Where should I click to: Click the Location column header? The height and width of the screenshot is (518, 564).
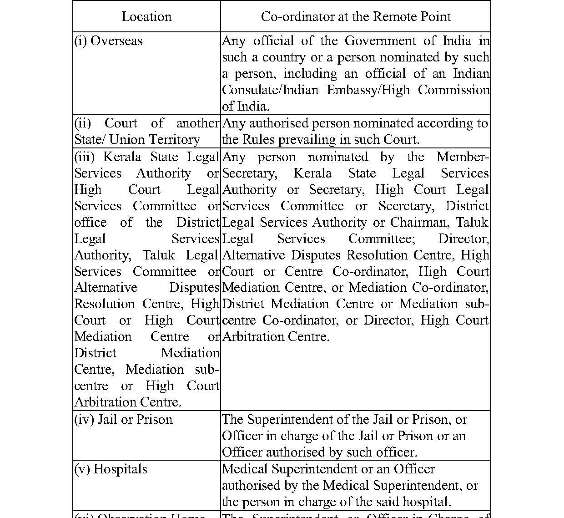[x=146, y=17]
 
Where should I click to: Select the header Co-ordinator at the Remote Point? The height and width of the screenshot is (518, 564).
[x=356, y=17]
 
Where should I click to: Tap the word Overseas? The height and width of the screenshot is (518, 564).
[x=116, y=41]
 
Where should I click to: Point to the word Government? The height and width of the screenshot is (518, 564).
[x=381, y=41]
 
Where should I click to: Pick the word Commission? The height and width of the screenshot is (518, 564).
[x=453, y=90]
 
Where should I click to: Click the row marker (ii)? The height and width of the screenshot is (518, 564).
[x=83, y=123]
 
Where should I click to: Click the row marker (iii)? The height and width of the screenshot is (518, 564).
[x=85, y=157]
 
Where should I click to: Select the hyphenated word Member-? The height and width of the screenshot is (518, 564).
[x=463, y=157]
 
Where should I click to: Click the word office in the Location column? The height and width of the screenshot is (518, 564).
[x=91, y=223]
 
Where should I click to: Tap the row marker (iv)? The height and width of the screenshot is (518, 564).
[x=84, y=420]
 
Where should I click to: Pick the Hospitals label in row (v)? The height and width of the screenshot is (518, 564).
[x=120, y=469]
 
